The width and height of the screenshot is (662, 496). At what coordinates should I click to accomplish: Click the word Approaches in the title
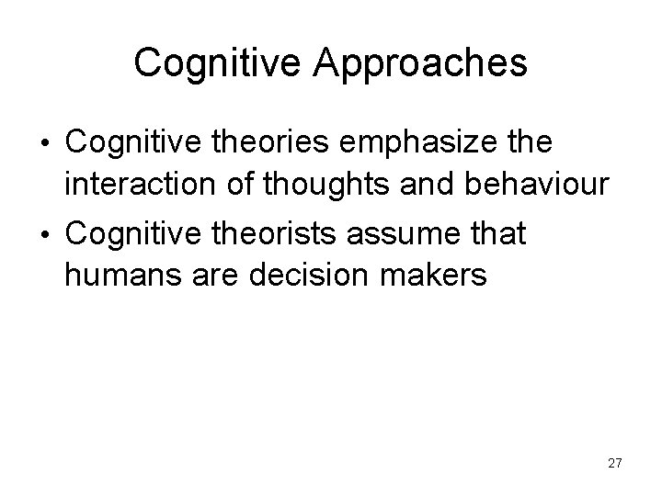421,63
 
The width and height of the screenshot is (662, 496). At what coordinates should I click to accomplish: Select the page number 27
614,464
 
